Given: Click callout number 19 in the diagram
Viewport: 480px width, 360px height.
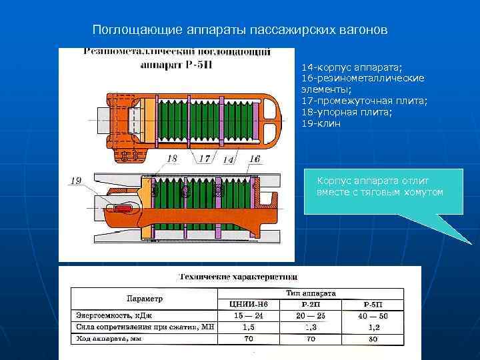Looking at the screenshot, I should coord(75,181).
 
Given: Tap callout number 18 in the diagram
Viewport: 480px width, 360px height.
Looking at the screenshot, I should coord(172,159).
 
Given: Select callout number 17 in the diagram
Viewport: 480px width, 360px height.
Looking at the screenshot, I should coord(204,159).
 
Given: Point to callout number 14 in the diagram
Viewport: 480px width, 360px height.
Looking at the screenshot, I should coord(228,160).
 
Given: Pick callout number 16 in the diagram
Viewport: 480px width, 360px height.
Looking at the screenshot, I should coord(254,158).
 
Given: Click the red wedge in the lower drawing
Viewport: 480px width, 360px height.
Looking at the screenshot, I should coord(123,209).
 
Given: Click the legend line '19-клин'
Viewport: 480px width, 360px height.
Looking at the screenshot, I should coord(321,123).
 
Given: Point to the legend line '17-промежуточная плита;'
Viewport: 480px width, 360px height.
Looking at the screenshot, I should coord(365,101).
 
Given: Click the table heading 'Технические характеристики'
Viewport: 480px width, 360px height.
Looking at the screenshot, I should coord(239,276).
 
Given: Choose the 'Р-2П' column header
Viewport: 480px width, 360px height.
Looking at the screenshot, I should coord(310,304).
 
